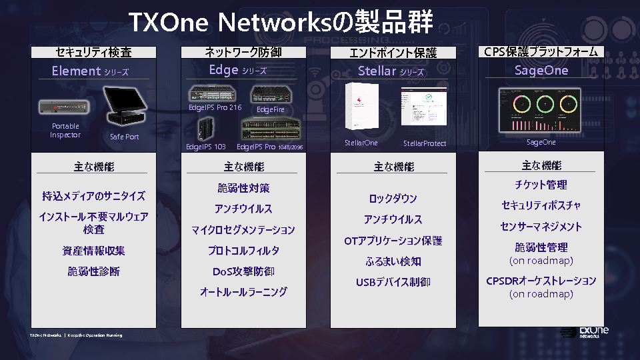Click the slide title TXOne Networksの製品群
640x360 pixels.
pyautogui.click(x=280, y=22)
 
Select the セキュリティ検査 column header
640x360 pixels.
pyautogui.click(x=93, y=52)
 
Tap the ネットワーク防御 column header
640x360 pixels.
pyautogui.click(x=242, y=52)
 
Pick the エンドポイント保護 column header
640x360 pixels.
pyautogui.click(x=393, y=53)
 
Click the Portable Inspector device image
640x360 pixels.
pyautogui.click(x=64, y=107)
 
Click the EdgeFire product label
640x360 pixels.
pyautogui.click(x=270, y=109)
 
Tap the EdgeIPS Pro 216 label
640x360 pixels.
pyautogui.click(x=215, y=107)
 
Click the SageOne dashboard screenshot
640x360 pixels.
pyautogui.click(x=540, y=110)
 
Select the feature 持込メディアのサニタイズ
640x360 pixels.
pyautogui.click(x=93, y=196)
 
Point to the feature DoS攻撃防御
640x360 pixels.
pyautogui.click(x=243, y=271)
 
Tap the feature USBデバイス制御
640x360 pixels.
pyautogui.click(x=393, y=282)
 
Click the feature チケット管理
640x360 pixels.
pyautogui.click(x=541, y=185)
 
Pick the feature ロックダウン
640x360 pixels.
pyautogui.click(x=393, y=199)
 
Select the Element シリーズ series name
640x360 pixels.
pyautogui.click(x=90, y=71)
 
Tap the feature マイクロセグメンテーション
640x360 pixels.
pyautogui.click(x=243, y=230)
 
